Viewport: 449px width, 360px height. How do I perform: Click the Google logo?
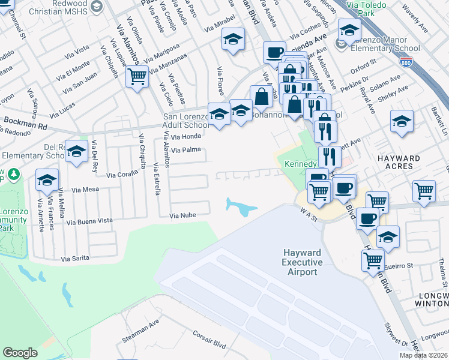click(20, 353)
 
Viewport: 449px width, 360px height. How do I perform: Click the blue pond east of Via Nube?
click(242, 208)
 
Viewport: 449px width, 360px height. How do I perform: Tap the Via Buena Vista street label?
click(90, 221)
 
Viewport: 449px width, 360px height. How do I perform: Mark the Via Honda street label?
click(186, 136)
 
